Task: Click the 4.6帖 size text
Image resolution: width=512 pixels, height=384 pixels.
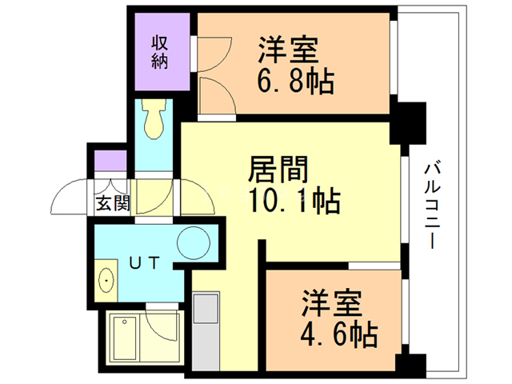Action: click(340, 330)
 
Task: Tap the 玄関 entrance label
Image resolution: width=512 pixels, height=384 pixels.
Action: click(113, 203)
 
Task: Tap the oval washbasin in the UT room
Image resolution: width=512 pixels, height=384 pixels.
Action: click(106, 282)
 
